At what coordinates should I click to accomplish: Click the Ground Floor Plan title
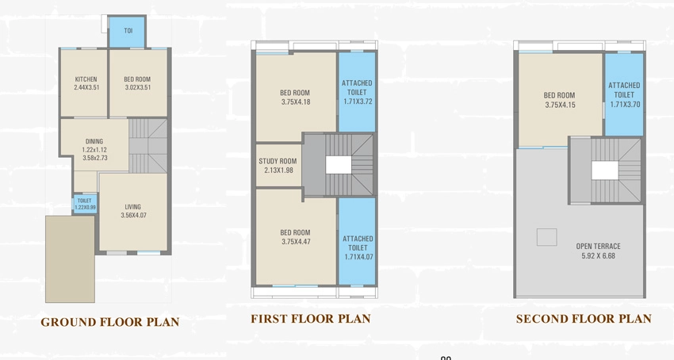tap(110, 322)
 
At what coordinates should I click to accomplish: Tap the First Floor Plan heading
tap(310, 319)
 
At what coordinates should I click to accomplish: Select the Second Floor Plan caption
tap(584, 319)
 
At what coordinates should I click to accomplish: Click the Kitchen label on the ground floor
tap(86, 79)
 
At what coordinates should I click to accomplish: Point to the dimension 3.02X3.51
tap(137, 87)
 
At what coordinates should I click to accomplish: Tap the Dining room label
tap(94, 141)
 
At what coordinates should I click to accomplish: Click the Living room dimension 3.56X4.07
tap(133, 215)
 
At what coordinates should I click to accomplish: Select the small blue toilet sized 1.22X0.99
tap(85, 204)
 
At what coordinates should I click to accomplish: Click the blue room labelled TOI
tap(128, 32)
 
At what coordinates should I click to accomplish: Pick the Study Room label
tap(278, 161)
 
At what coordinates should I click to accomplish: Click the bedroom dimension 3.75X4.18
tap(296, 102)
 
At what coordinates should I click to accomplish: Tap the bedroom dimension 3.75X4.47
tap(296, 242)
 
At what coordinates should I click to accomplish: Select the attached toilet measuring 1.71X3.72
tap(357, 92)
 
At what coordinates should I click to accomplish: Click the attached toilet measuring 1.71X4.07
tap(357, 241)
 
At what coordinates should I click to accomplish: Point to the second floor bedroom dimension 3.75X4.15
tap(559, 105)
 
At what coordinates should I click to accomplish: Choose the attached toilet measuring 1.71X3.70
tap(624, 94)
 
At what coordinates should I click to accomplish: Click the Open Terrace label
tap(599, 247)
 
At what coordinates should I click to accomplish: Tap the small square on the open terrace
tap(547, 237)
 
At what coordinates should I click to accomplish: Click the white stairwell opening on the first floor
tap(339, 165)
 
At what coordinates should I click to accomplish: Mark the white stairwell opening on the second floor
tap(605, 170)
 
